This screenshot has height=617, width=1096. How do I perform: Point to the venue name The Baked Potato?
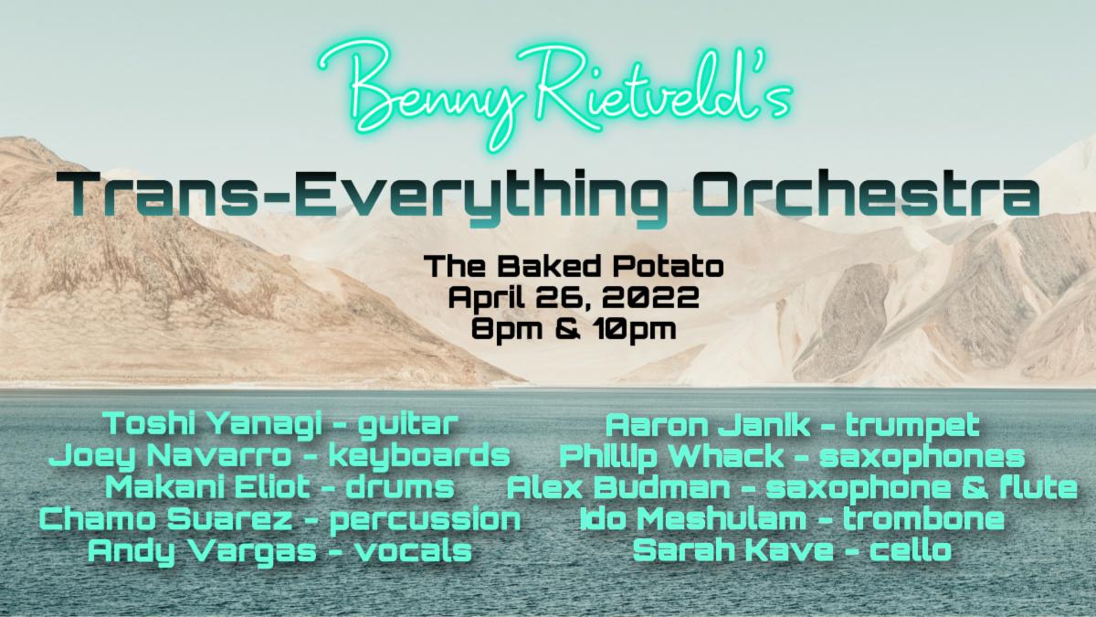(x=574, y=267)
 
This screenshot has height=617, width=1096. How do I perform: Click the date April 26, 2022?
(x=574, y=297)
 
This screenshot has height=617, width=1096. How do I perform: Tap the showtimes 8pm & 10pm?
(x=574, y=328)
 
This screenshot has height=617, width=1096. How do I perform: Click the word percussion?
(x=425, y=519)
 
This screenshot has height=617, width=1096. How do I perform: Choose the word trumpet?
(x=912, y=425)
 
